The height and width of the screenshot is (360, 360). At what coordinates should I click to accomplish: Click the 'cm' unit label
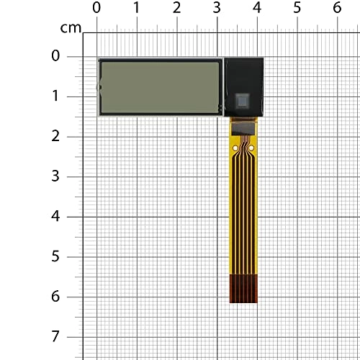click(x=71, y=28)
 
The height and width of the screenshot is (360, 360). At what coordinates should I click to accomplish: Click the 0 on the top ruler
click(x=97, y=8)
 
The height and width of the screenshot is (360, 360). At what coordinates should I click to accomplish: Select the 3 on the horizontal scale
click(x=217, y=8)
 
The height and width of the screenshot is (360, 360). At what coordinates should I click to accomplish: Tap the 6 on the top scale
click(x=336, y=8)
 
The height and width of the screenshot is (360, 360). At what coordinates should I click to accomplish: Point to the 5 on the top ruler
click(x=297, y=8)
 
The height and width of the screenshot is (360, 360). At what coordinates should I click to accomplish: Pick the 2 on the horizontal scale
click(x=177, y=8)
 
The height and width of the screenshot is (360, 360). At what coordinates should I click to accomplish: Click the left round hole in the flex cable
click(x=236, y=149)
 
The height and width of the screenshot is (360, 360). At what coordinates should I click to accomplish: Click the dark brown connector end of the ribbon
click(x=243, y=288)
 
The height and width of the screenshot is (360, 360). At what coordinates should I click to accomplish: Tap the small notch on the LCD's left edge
click(x=99, y=88)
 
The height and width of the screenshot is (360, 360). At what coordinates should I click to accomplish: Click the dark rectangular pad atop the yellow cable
click(x=243, y=127)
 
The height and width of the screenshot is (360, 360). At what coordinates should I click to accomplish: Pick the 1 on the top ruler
click(x=137, y=8)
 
